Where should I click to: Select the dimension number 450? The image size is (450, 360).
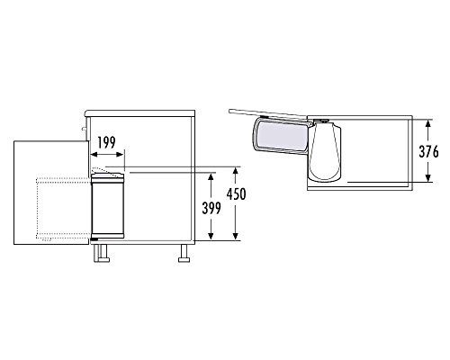(x=237, y=195)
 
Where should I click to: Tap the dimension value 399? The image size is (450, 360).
(x=212, y=208)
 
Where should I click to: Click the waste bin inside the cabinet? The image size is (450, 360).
(x=107, y=207)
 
